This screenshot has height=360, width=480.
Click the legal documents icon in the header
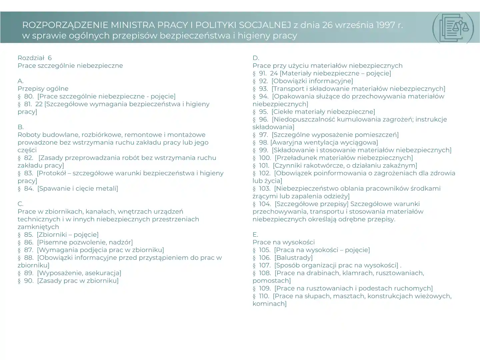[453, 28]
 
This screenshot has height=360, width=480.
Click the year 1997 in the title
[385, 25]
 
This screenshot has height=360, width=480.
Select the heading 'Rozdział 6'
[35, 58]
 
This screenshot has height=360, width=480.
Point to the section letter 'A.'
[21, 81]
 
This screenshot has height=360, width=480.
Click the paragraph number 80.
[28, 96]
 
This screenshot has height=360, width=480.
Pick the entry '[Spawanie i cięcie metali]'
[78, 189]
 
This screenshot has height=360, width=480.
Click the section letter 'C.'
[21, 204]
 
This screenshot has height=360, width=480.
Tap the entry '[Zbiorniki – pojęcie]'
[68, 235]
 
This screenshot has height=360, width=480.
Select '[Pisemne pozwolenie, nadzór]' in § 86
[85, 242]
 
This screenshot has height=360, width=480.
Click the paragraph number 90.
[28, 281]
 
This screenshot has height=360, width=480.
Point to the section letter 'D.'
[256, 58]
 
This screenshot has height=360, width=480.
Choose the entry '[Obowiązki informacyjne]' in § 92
[312, 81]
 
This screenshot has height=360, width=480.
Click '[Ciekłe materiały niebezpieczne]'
[323, 112]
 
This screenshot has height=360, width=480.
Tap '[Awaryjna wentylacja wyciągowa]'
[324, 143]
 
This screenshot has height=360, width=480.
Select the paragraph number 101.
[264, 166]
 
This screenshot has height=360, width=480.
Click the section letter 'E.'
[255, 235]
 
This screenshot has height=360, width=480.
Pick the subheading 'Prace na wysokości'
[284, 242]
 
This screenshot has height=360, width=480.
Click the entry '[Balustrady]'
[294, 258]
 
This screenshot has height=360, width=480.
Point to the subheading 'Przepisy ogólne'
[43, 89]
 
